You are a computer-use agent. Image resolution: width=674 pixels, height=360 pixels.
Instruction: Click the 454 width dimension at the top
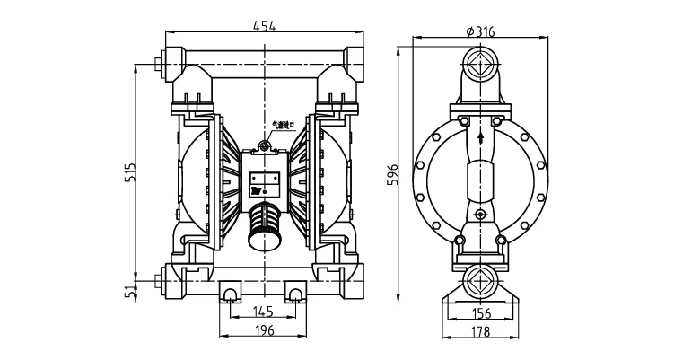pyautogui.click(x=264, y=26)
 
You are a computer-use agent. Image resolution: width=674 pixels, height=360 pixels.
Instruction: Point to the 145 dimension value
pyautogui.click(x=264, y=312)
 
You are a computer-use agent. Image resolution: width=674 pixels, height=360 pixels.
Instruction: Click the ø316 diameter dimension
pyautogui.click(x=481, y=31)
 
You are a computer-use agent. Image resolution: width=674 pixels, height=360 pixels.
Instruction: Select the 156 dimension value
pyautogui.click(x=483, y=312)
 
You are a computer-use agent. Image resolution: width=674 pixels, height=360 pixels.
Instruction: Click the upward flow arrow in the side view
pyautogui.click(x=481, y=137)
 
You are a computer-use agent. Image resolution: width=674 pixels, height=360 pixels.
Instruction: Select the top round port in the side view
pyautogui.click(x=481, y=65)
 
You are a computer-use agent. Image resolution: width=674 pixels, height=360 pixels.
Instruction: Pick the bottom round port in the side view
pyautogui.click(x=481, y=278)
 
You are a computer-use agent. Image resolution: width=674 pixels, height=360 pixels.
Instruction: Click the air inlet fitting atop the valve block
pyautogui.click(x=265, y=146)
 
